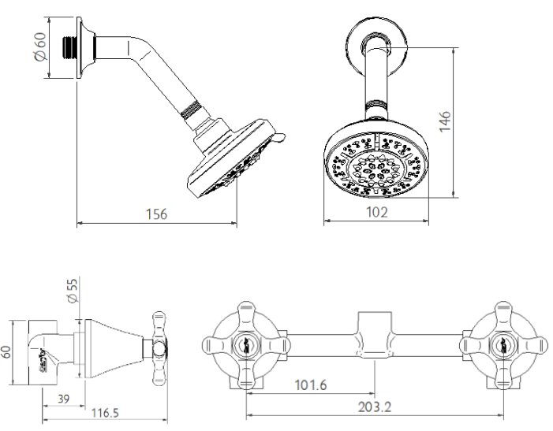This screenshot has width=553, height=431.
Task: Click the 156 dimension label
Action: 156,214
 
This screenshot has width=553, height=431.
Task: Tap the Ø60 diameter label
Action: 41,46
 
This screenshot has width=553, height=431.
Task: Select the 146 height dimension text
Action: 445,121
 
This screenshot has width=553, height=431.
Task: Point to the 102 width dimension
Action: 377,212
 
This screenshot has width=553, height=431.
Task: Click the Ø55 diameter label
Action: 72,291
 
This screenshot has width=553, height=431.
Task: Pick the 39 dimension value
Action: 63,399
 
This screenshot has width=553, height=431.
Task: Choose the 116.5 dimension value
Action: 105,413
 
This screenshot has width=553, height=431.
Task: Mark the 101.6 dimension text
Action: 311,385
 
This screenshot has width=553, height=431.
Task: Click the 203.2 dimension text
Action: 375,407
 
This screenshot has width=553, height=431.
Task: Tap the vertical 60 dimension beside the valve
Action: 6,352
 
